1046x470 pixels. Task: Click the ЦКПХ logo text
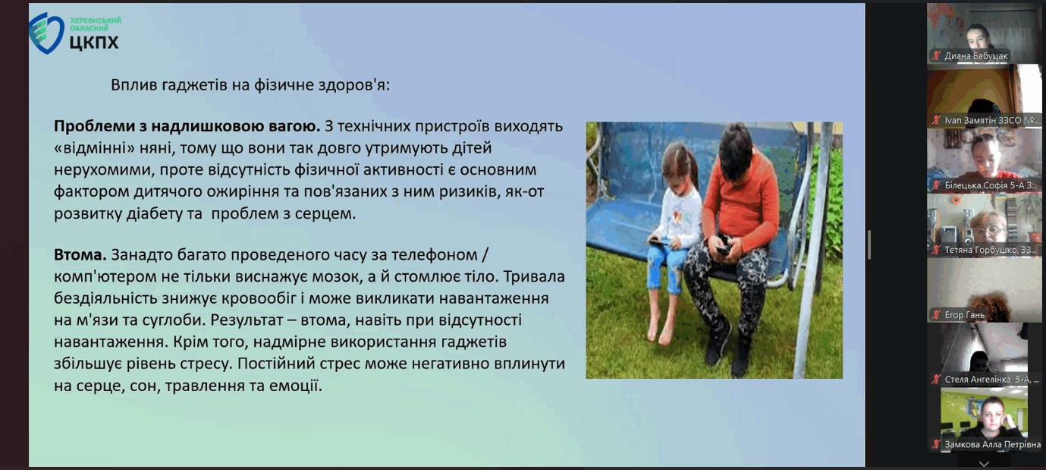(94, 43)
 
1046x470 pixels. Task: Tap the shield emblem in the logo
(46, 33)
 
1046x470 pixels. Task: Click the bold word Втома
(80, 255)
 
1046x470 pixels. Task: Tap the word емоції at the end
(297, 386)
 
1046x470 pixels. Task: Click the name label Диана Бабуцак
(975, 55)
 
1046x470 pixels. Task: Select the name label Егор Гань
(964, 315)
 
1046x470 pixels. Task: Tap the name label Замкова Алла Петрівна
(992, 444)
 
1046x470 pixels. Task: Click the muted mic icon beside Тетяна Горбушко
(936, 251)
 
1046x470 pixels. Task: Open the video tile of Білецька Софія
(985, 160)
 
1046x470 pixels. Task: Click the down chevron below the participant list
(984, 464)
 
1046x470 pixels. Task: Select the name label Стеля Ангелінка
(991, 380)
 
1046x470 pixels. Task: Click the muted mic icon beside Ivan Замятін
(936, 120)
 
